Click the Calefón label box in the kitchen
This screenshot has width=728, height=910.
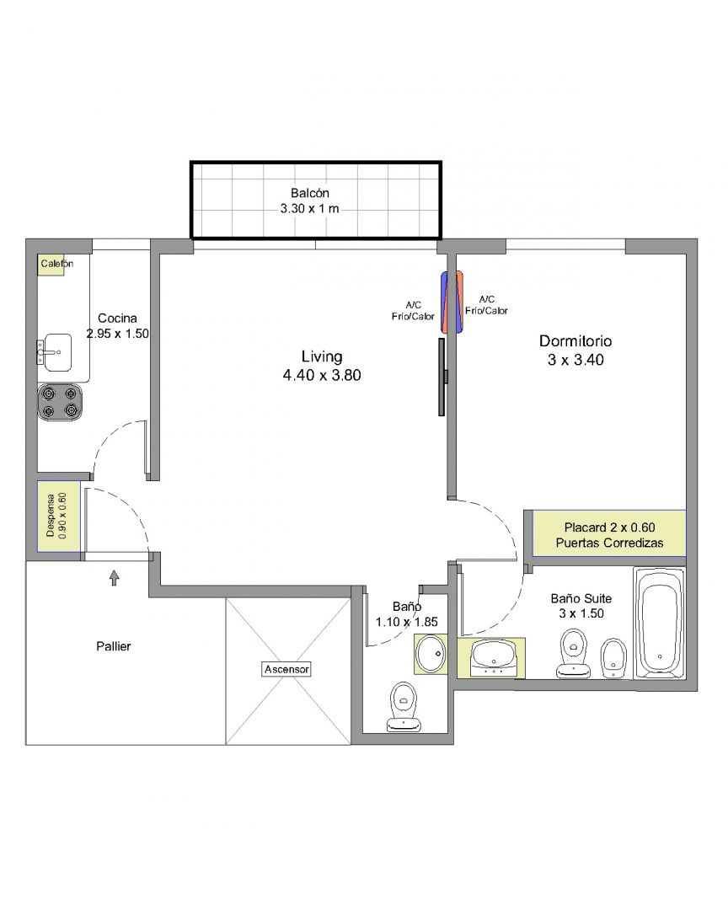(51, 264)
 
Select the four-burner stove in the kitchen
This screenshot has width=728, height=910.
(60, 402)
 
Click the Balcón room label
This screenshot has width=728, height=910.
(310, 193)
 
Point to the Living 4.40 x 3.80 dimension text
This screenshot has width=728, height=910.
(322, 375)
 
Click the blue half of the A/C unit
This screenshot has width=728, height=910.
(445, 302)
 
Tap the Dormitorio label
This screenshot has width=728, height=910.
(575, 340)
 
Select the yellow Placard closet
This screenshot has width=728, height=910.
(609, 533)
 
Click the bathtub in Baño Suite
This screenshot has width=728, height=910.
(660, 623)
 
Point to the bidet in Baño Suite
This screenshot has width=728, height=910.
(612, 658)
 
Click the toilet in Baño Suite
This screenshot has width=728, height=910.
(574, 654)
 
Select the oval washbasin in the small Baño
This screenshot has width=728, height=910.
(431, 654)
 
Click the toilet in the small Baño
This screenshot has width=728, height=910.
(404, 706)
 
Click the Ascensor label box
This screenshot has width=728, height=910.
(286, 669)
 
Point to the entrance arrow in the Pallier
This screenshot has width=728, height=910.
(115, 577)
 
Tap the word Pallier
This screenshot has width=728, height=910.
(114, 646)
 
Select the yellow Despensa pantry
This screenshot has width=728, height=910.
(59, 517)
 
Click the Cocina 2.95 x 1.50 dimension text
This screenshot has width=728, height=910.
(118, 334)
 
